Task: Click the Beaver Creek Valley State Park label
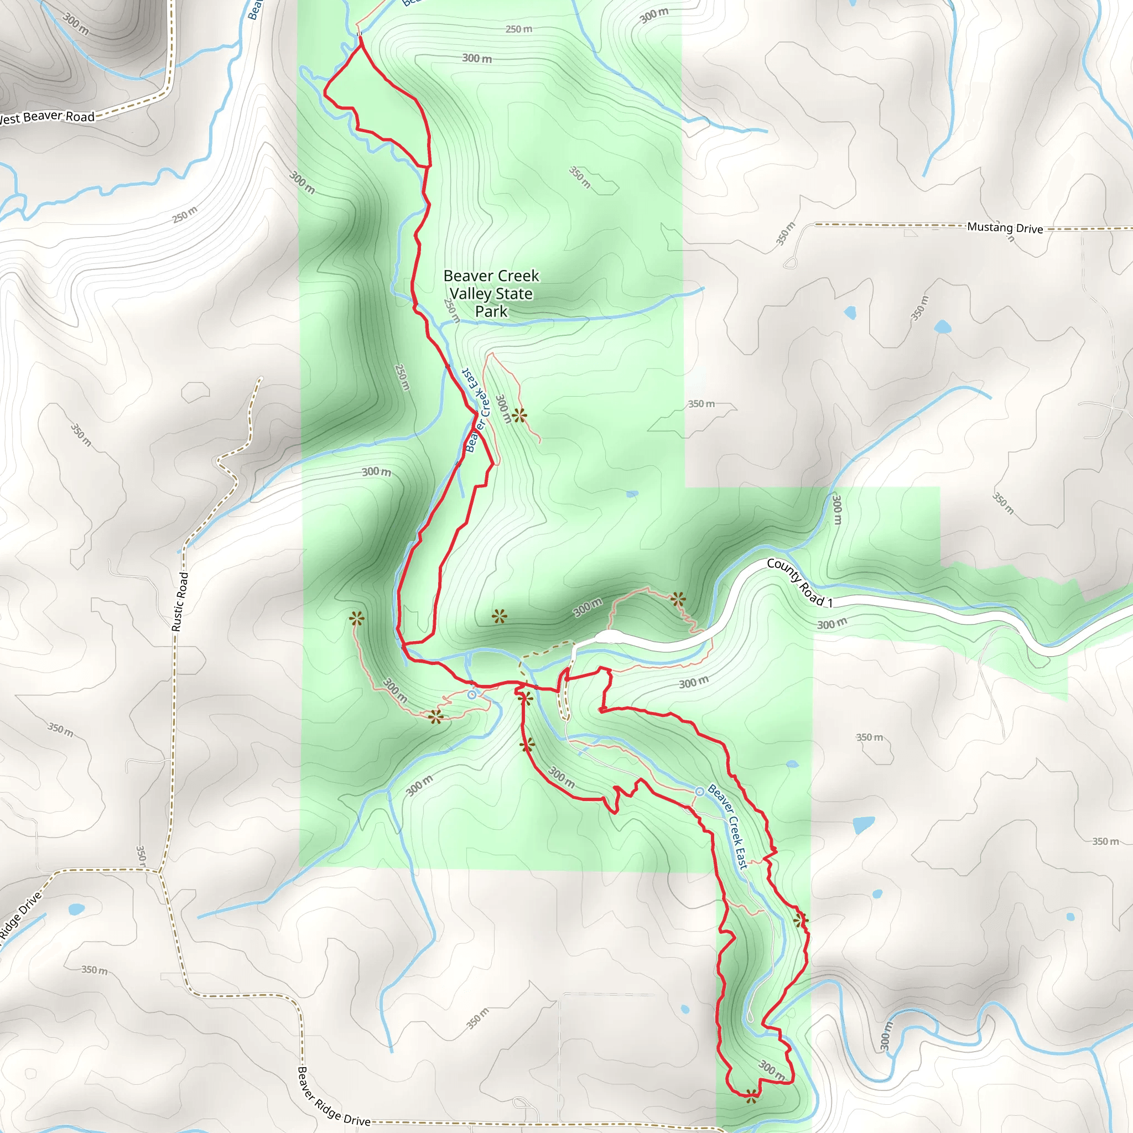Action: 491,293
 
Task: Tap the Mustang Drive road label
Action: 1005,227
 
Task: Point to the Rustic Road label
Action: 180,601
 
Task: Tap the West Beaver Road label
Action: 47,117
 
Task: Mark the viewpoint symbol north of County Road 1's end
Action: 678,599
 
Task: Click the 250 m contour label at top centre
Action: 519,29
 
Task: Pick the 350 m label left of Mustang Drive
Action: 786,233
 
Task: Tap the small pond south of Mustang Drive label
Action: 942,326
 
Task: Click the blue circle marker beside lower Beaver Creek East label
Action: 700,792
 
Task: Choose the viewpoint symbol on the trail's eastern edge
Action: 801,920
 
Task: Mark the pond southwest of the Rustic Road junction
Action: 76,909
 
